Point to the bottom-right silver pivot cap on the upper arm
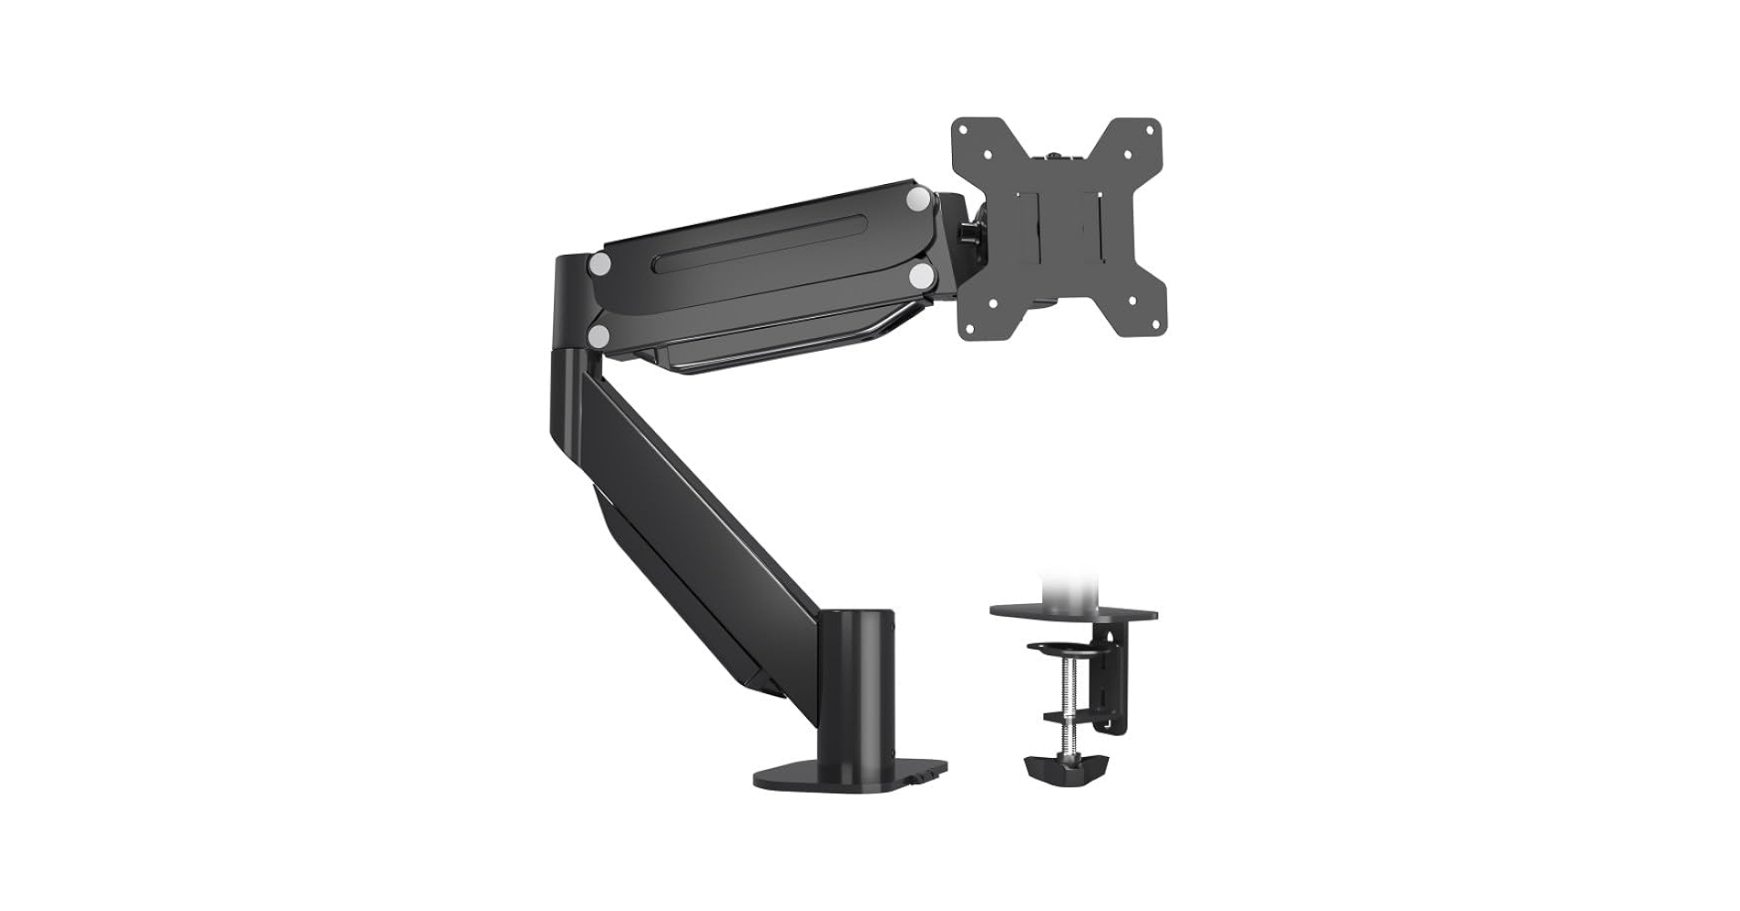click(920, 273)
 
